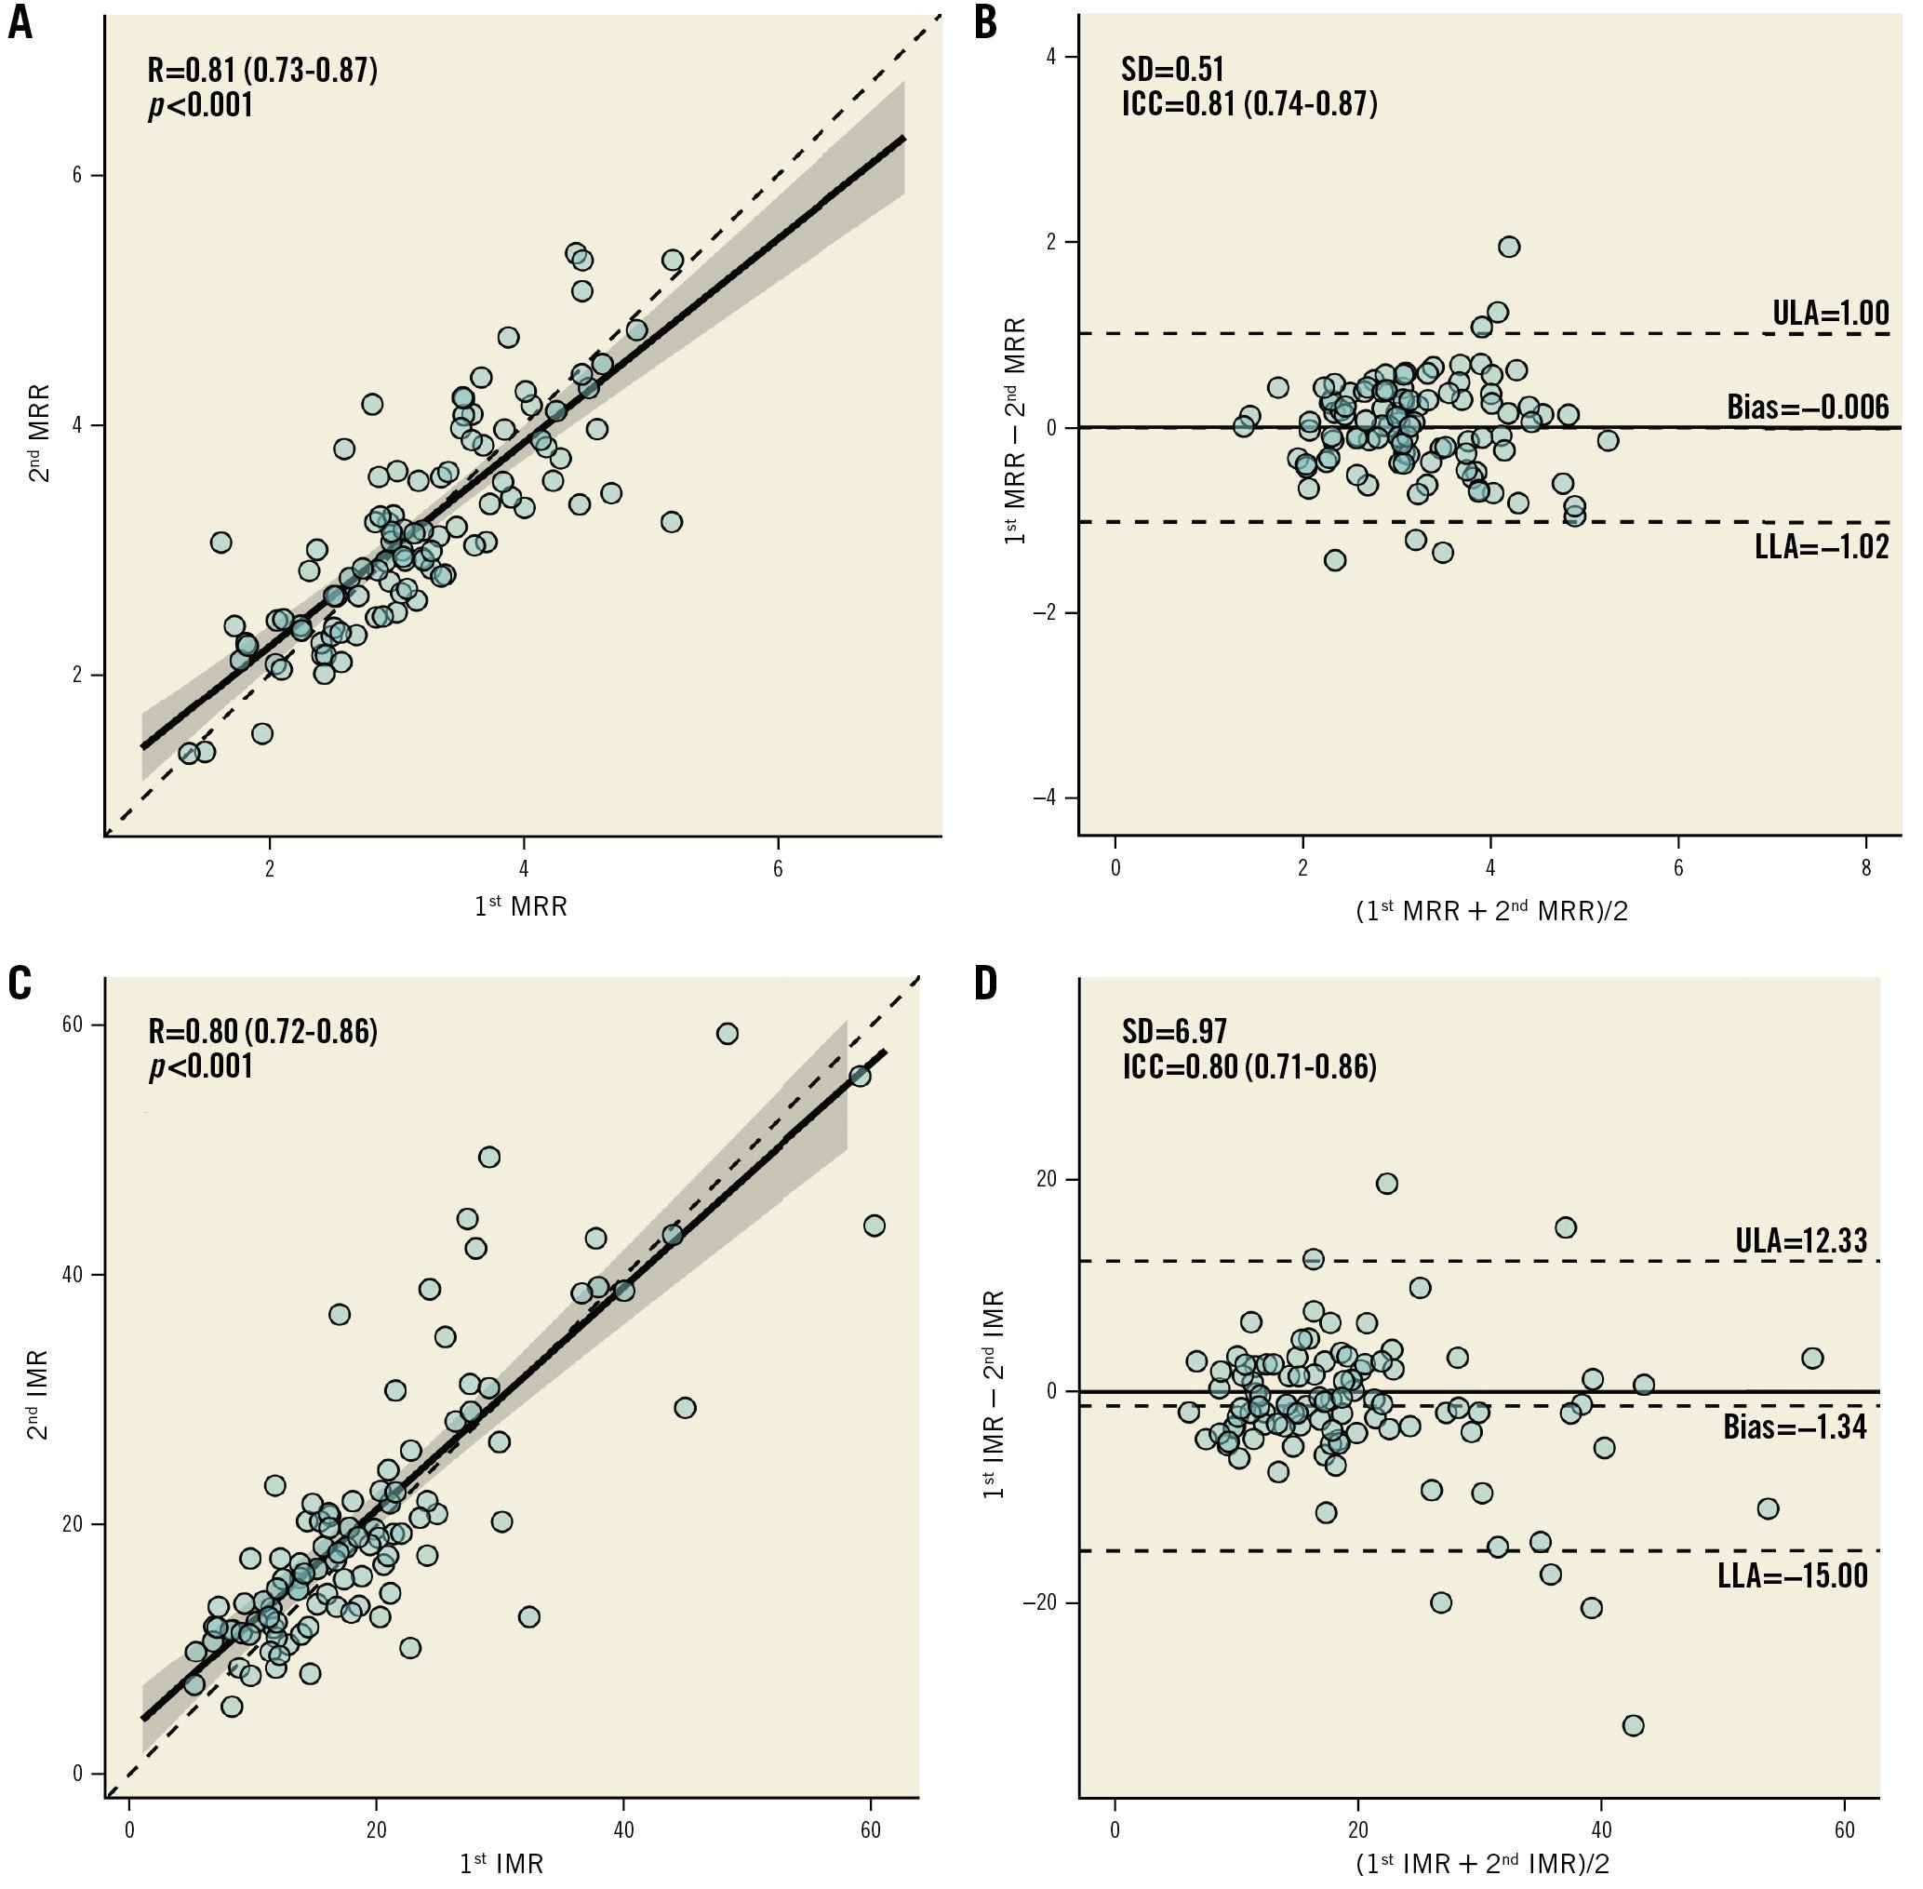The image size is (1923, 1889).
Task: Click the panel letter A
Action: click(x=20, y=21)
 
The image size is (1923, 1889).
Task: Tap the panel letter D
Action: click(x=986, y=984)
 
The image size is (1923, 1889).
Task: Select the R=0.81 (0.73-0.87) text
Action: click(x=262, y=71)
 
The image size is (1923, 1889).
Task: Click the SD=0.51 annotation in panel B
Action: click(x=1172, y=69)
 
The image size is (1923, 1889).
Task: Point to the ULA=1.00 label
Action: click(x=1831, y=314)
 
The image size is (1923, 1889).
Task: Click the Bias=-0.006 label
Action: click(x=1808, y=407)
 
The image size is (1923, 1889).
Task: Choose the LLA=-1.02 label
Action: click(x=1822, y=546)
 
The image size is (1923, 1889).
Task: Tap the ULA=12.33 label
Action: click(x=1801, y=1240)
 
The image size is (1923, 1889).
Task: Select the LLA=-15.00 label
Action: click(x=1792, y=1574)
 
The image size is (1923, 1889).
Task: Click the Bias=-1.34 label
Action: click(x=1794, y=1427)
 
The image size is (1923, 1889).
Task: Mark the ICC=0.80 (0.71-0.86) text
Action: click(x=1249, y=1066)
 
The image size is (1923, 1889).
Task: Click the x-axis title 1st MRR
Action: click(x=521, y=905)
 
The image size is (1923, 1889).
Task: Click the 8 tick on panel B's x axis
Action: click(x=1865, y=869)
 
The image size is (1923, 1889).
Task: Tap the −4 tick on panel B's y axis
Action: click(x=1043, y=797)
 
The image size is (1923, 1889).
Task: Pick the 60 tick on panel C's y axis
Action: click(x=73, y=1025)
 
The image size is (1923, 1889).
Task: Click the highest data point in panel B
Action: click(x=1508, y=247)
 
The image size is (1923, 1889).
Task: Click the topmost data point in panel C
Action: click(x=727, y=1034)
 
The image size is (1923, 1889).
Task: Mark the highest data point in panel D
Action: click(x=1386, y=1184)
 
